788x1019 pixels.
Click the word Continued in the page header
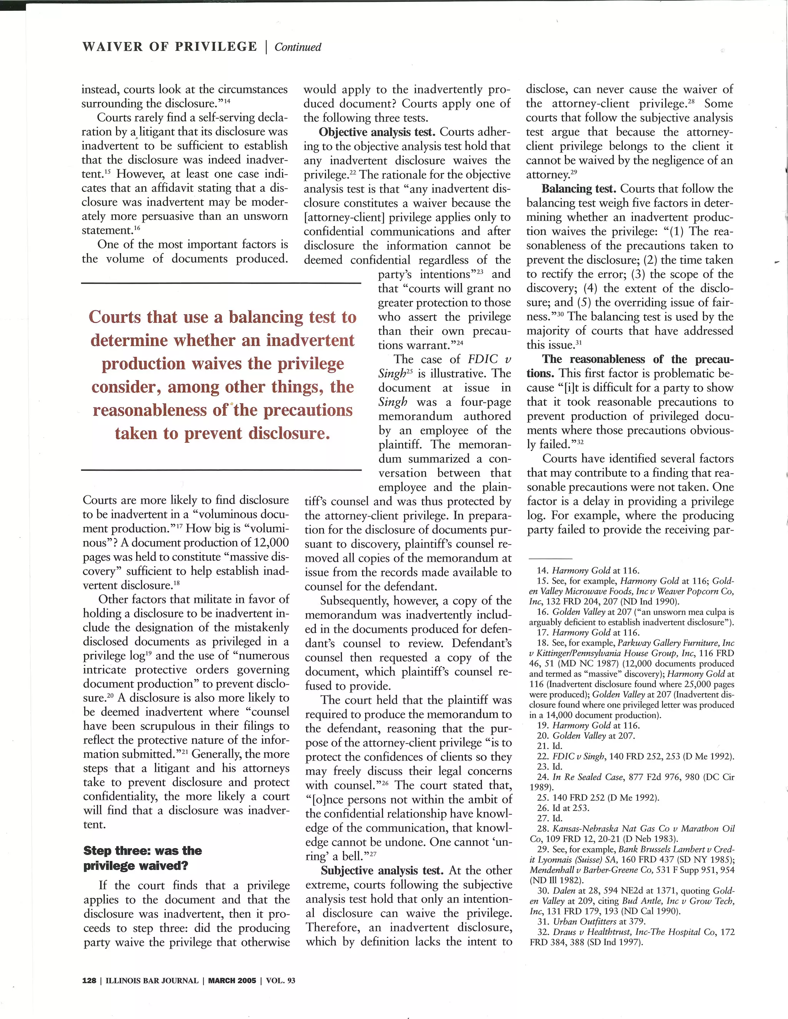298,47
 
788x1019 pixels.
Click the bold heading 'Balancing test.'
579,189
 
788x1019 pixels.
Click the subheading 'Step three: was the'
142,851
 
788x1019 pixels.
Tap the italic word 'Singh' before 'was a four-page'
392,402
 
